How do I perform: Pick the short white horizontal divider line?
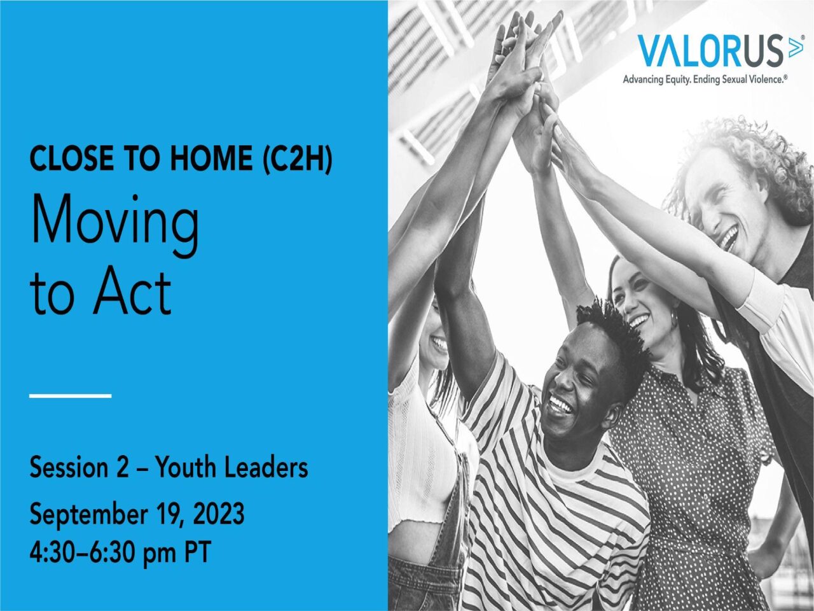[x=71, y=396]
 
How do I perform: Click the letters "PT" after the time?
[x=198, y=552]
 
